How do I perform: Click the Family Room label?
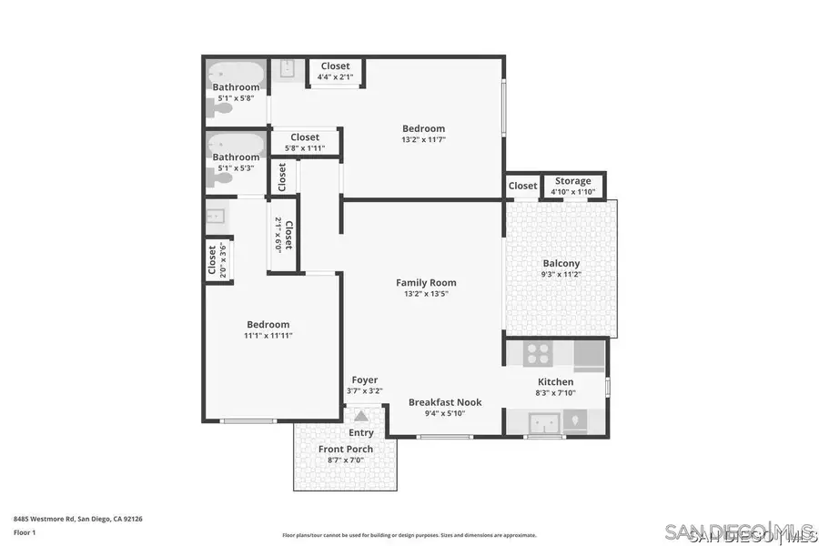426,282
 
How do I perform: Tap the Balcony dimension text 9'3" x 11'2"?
561,275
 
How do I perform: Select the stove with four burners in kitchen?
538,353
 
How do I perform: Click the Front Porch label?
345,449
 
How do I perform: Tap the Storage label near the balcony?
572,181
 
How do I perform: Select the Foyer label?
364,379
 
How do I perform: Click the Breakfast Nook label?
445,401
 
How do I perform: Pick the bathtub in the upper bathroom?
236,73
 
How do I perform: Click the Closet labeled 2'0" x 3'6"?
217,259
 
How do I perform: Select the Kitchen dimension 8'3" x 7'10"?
555,393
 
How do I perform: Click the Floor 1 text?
25,532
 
